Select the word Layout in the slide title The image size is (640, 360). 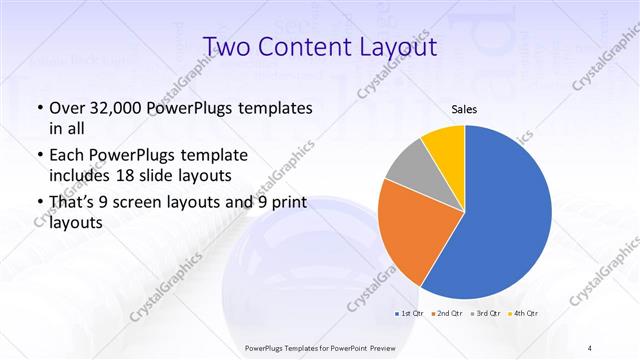click(x=399, y=47)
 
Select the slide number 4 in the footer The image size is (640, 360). click(x=590, y=347)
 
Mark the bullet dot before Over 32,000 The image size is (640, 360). click(x=39, y=109)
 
